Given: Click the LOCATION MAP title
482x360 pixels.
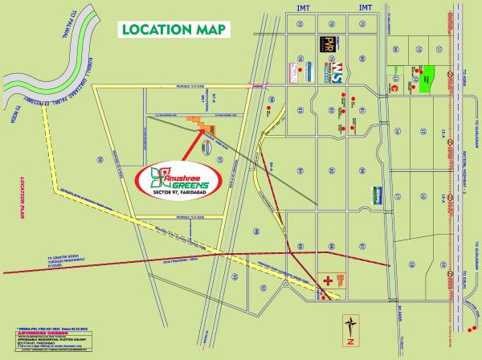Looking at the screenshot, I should click(174, 29).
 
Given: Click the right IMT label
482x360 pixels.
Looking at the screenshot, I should click(366, 6).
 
